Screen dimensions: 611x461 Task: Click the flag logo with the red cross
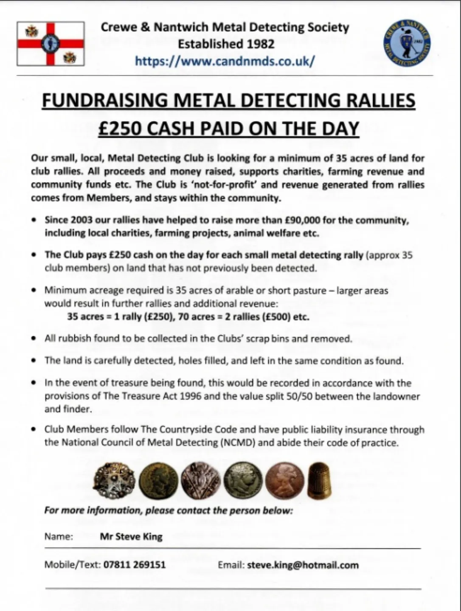[x=51, y=44]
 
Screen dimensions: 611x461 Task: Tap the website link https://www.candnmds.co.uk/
[x=225, y=61]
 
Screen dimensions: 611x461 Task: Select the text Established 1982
[x=226, y=44]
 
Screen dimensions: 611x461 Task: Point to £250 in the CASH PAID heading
[x=119, y=129]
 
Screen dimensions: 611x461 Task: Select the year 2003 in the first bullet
[x=82, y=220]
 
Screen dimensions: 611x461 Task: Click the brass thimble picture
[x=319, y=480]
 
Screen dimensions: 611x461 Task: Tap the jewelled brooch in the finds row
[x=114, y=480]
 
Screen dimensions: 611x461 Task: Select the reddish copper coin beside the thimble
[x=284, y=480]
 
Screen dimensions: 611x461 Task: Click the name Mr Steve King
[x=131, y=537]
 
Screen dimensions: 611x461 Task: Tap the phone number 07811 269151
[x=135, y=565]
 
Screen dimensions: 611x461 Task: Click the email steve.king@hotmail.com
[x=303, y=565]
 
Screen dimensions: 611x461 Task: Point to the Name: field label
[x=59, y=537]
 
